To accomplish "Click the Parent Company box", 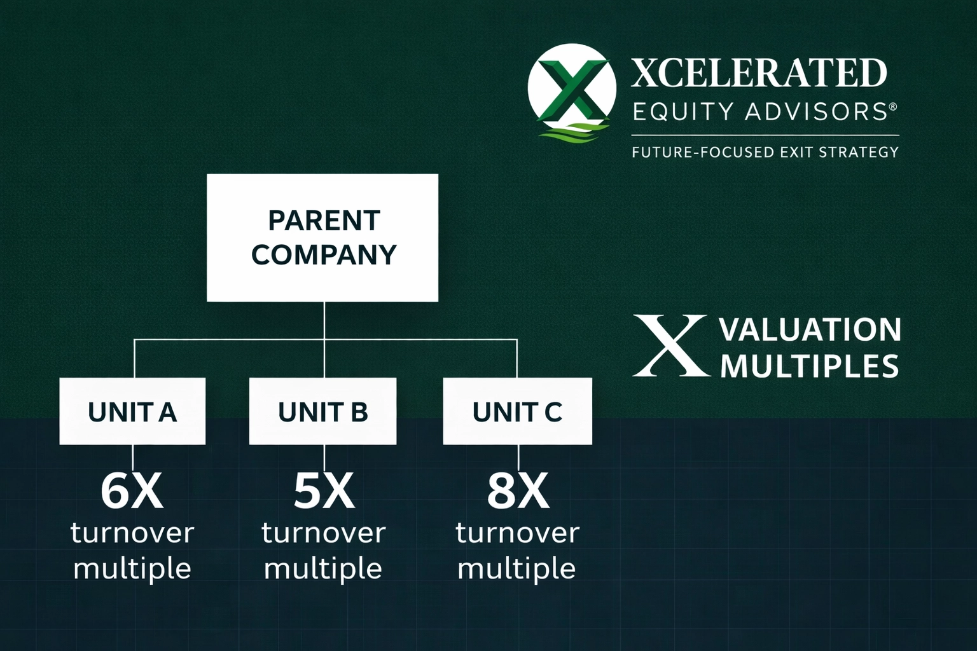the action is (x=322, y=238).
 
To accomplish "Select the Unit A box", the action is (x=132, y=411).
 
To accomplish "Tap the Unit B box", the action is (x=322, y=411).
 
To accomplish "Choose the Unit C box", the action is (x=517, y=411).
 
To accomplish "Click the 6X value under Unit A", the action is (x=132, y=491).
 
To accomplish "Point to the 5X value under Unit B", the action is (x=324, y=491).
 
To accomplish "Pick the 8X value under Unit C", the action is (x=518, y=491).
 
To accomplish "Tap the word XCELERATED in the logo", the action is (x=759, y=73).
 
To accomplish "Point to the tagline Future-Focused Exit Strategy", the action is (x=765, y=152).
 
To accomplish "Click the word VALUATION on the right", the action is (x=810, y=330).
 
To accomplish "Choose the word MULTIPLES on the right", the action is (x=809, y=366).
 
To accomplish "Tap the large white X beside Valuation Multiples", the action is (x=670, y=345).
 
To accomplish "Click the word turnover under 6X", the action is (x=132, y=533).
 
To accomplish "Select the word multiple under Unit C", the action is (x=516, y=570).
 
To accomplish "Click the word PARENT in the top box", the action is (x=324, y=221).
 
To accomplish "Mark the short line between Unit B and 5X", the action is (x=324, y=457).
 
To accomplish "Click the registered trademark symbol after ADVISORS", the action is (x=893, y=106).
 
